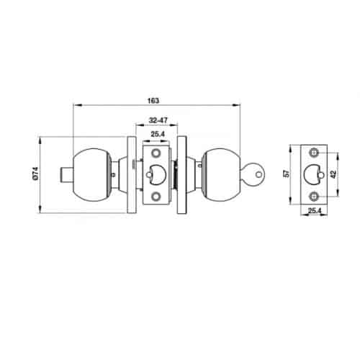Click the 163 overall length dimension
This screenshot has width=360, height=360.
tap(153, 101)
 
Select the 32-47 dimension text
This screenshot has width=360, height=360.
tap(158, 120)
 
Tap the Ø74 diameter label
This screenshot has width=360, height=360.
tap(35, 174)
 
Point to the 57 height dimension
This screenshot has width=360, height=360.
tap(287, 174)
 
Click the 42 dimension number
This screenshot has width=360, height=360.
tap(333, 174)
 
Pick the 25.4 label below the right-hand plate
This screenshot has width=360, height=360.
tap(315, 211)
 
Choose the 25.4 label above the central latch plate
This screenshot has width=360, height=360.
tap(158, 134)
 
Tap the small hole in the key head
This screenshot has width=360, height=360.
tap(258, 174)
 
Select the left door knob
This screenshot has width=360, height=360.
tap(92, 175)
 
